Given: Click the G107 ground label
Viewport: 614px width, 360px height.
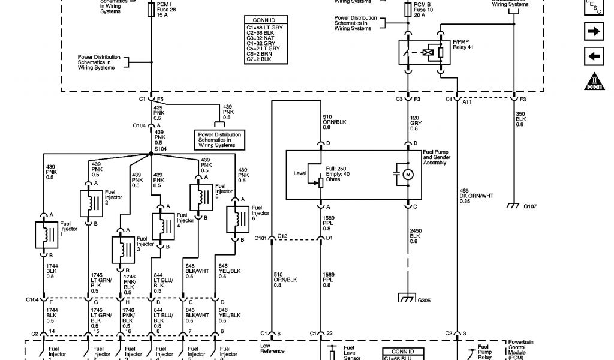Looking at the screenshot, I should click(x=530, y=206).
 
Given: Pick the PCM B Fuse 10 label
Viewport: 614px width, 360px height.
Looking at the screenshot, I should click(x=421, y=10).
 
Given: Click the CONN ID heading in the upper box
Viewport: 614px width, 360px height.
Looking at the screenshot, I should click(x=265, y=20).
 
